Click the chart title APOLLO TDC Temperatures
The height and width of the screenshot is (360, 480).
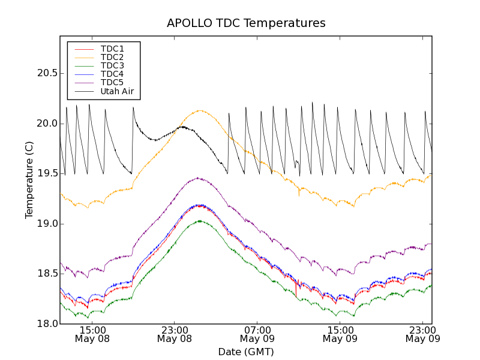point(246,23)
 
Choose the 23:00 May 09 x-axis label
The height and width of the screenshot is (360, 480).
point(422,334)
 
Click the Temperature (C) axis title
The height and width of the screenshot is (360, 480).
point(29,180)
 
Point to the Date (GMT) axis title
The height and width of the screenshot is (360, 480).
point(246,352)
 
